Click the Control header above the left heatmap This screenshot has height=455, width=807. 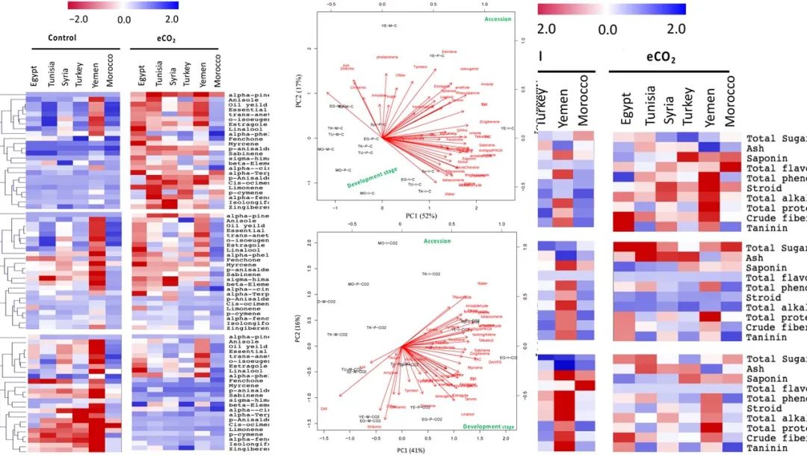(62, 38)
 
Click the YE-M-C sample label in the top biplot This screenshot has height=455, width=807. (389, 26)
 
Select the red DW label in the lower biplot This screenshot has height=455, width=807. (324, 409)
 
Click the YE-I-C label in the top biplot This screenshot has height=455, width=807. (507, 129)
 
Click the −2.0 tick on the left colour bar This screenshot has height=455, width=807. (78, 18)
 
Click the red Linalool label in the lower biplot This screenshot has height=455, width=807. (468, 414)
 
